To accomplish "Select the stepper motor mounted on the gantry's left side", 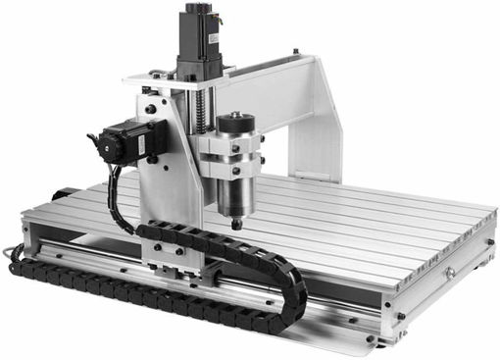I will click(x=123, y=143).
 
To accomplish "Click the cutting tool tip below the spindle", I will click(x=235, y=227).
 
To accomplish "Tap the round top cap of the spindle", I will click(x=235, y=123).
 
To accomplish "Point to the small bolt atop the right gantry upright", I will click(x=295, y=50).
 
